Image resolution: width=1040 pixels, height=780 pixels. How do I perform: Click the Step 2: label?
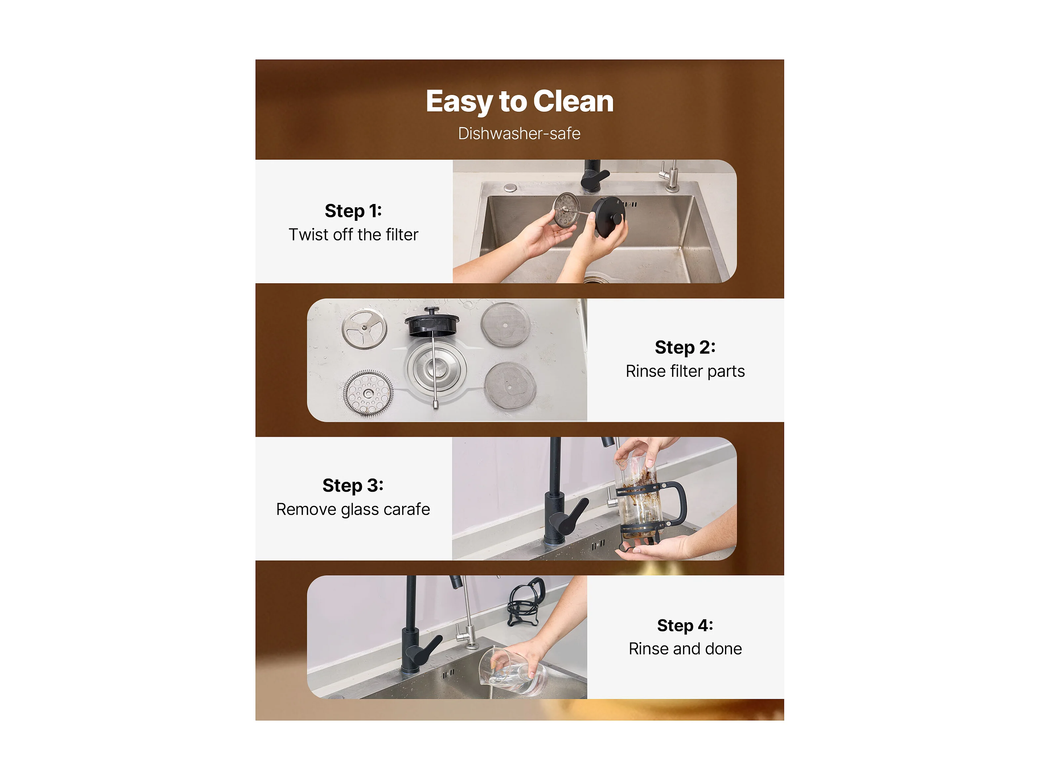[x=685, y=348]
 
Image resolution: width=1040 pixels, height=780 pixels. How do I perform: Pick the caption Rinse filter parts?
[x=685, y=371]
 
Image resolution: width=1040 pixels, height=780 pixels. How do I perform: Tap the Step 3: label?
[x=353, y=486]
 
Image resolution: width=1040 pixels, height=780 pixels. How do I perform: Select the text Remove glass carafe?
[x=353, y=510]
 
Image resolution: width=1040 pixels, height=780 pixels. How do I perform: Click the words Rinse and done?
[x=685, y=649]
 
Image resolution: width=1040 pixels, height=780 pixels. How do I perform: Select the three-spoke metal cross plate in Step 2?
[x=364, y=328]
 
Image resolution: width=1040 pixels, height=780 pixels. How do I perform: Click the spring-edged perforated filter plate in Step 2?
[x=368, y=393]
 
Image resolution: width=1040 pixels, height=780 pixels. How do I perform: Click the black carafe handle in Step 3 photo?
[x=676, y=504]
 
